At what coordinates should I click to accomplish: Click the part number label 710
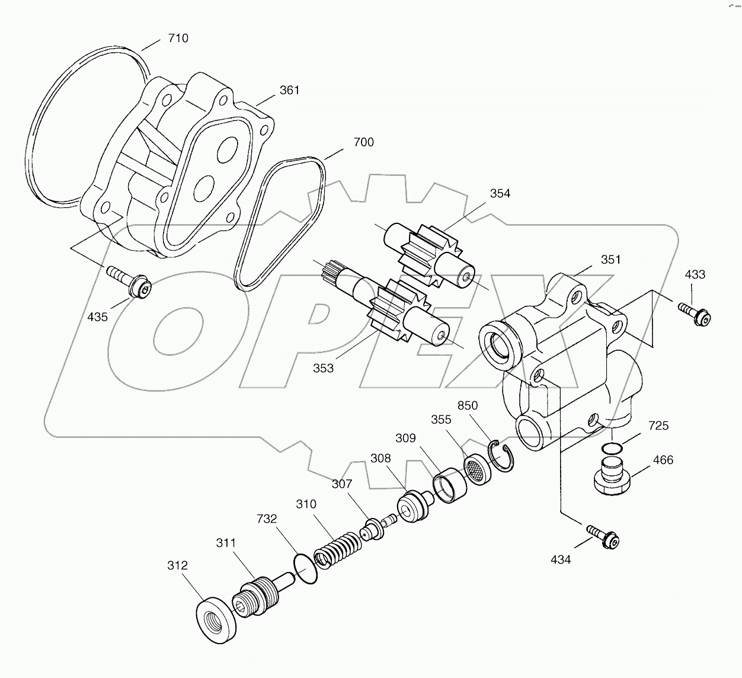click(178, 39)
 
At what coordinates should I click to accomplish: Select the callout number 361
click(289, 91)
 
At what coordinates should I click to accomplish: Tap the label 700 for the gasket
click(363, 143)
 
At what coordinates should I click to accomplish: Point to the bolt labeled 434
click(603, 536)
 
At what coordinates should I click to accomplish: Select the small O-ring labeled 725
click(610, 447)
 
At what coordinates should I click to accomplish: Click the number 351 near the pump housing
click(610, 260)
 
